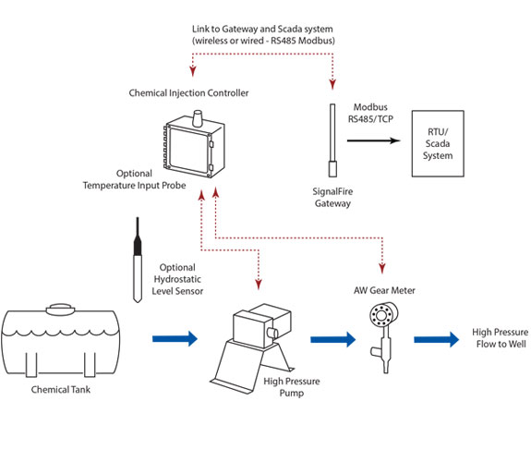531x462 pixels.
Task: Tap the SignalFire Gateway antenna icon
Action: [332, 140]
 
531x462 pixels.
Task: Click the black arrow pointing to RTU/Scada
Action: [373, 140]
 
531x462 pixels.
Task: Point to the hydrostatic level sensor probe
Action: [138, 260]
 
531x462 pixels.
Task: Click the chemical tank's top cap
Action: [60, 310]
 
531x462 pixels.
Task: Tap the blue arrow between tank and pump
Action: [175, 338]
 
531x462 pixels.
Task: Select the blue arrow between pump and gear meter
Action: [332, 339]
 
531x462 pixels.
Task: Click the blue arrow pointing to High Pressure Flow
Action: [436, 339]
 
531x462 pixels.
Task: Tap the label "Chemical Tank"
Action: [61, 389]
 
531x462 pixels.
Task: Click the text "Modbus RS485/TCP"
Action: [370, 113]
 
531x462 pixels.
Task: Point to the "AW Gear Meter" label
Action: [384, 290]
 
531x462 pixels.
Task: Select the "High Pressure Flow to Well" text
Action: [501, 338]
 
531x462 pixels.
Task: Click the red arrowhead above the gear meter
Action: [382, 269]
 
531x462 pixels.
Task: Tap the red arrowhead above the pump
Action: [259, 285]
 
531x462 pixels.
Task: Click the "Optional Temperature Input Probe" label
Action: [135, 179]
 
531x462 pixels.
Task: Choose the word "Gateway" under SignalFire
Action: [332, 203]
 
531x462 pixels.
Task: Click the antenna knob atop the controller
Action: [198, 118]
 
